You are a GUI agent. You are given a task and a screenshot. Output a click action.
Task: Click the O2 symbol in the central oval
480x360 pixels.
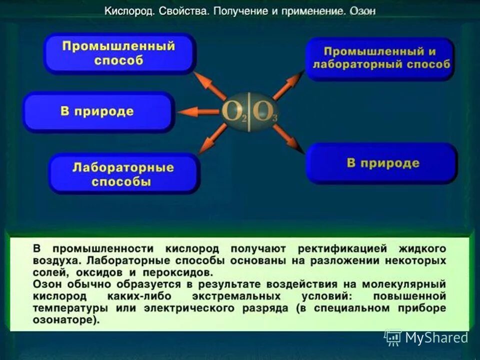click(234, 112)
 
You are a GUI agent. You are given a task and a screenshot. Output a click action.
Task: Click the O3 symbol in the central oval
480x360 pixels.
click(263, 112)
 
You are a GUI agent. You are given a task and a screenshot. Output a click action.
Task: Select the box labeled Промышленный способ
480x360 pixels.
click(118, 53)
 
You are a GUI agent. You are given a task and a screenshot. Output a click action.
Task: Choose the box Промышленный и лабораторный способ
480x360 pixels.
click(379, 58)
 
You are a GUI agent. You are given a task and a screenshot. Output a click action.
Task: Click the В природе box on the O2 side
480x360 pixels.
click(98, 111)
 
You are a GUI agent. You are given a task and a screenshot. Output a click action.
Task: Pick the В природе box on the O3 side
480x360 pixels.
click(382, 163)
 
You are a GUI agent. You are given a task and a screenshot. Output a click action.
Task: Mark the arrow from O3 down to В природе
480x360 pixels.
click(288, 138)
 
